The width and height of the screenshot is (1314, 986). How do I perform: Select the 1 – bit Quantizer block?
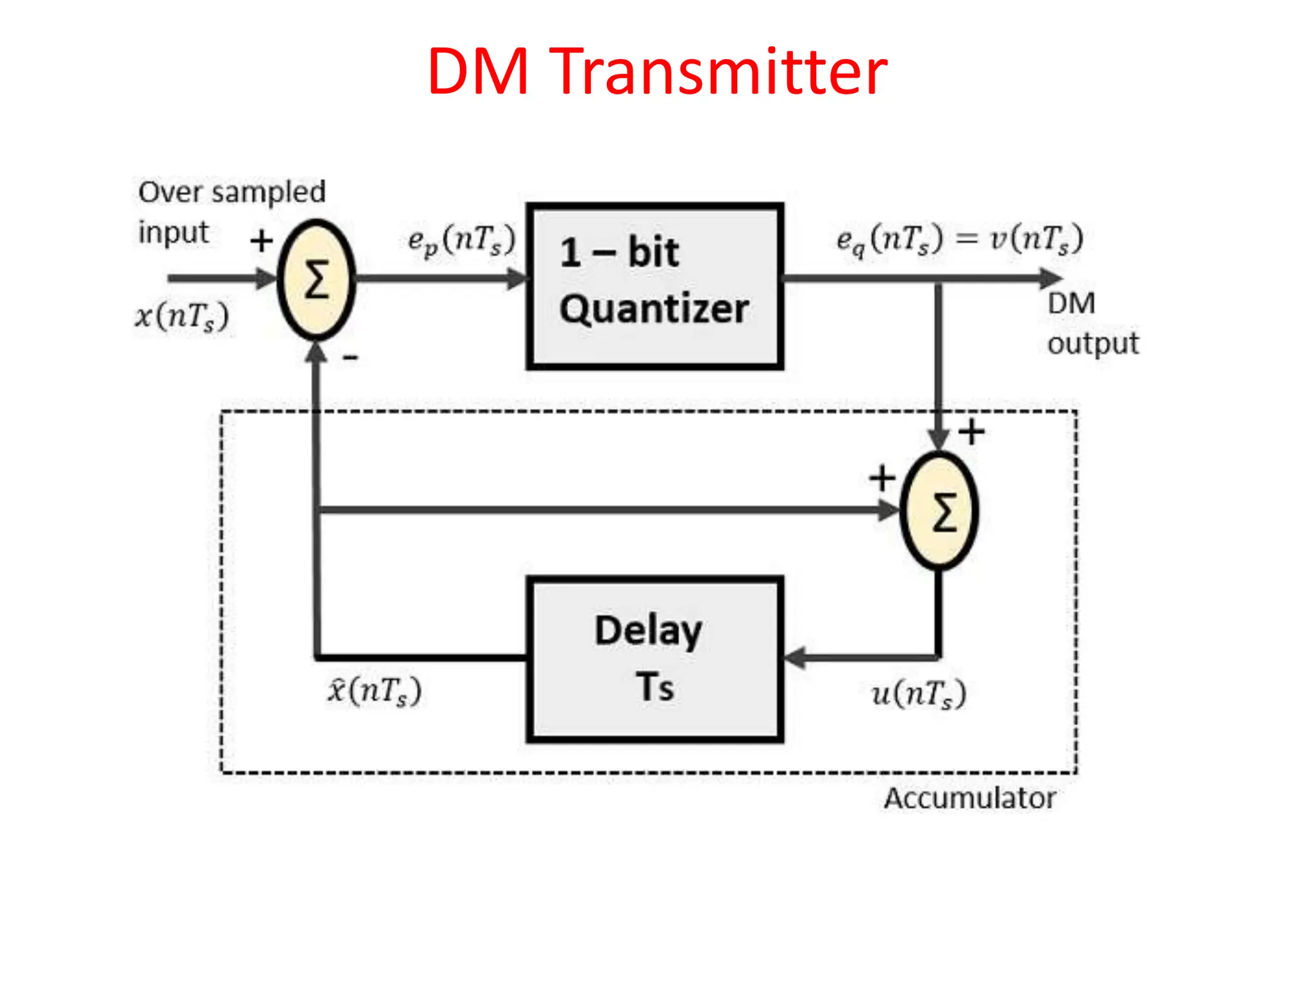pyautogui.click(x=654, y=286)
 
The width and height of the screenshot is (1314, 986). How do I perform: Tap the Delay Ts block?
pyautogui.click(x=654, y=659)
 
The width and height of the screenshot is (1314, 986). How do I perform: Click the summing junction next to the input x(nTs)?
pyautogui.click(x=316, y=280)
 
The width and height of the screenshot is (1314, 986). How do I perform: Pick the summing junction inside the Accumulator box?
pyautogui.click(x=940, y=511)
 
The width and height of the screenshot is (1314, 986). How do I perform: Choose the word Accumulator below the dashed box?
pyautogui.click(x=970, y=799)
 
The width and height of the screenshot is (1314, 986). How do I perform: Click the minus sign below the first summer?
pyautogui.click(x=350, y=357)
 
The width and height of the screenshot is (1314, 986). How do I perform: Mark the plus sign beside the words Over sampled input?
pyautogui.click(x=261, y=241)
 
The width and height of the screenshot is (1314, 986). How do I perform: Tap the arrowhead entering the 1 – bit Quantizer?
pyautogui.click(x=517, y=279)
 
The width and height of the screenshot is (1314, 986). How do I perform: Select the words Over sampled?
pyautogui.click(x=232, y=192)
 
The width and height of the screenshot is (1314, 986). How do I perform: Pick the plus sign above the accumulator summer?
pyautogui.click(x=971, y=431)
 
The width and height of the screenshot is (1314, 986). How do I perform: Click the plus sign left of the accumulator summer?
pyautogui.click(x=882, y=478)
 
